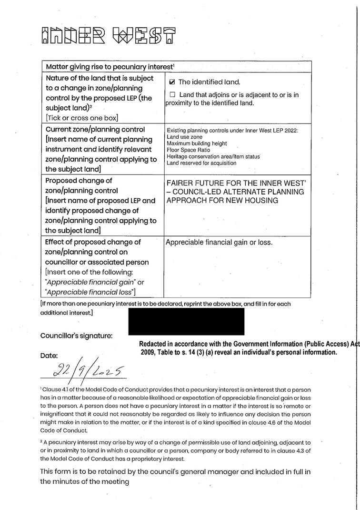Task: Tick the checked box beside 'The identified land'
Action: pos(172,82)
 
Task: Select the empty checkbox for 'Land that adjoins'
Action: pos(172,95)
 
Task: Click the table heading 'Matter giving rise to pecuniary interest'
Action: pos(112,67)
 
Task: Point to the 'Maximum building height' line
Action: pos(197,143)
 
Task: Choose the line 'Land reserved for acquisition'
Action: pos(201,163)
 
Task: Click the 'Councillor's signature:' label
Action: pos(76,336)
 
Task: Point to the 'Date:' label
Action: pos(49,356)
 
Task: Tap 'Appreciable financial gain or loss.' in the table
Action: pos(219,243)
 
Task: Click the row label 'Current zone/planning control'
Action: pos(95,130)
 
